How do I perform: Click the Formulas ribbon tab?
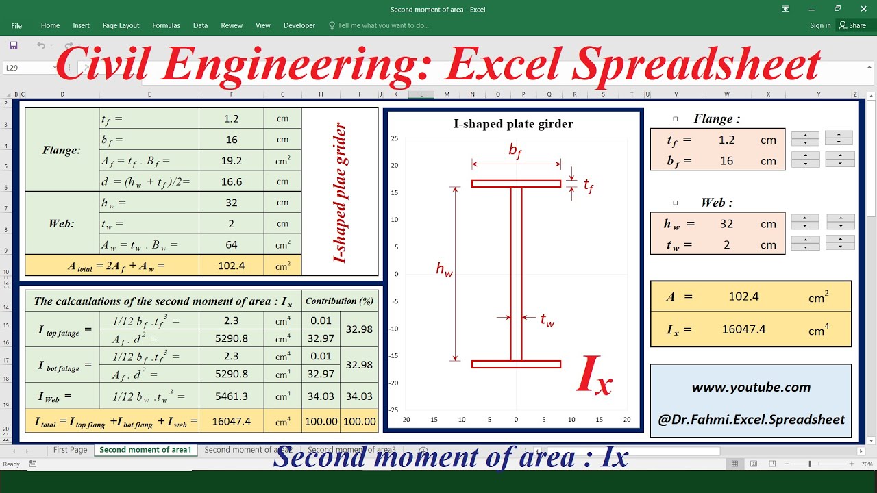[166, 25]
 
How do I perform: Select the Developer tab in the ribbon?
[299, 25]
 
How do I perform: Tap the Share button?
[852, 25]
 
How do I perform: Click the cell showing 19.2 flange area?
[231, 161]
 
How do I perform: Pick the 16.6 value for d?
[231, 181]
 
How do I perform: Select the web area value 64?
[231, 244]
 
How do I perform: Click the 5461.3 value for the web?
[231, 396]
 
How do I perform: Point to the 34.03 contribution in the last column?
[359, 396]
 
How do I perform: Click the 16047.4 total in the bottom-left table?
[231, 421]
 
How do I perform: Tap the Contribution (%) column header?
[340, 301]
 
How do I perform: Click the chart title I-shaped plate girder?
[513, 124]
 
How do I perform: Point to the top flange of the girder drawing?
[516, 184]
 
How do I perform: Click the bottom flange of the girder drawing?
[516, 364]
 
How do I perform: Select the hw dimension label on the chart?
[444, 270]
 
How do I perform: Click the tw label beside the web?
[547, 320]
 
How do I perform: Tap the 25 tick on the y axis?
[395, 138]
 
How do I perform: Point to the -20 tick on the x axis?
[405, 420]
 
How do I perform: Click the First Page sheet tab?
[70, 450]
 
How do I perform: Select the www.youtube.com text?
[751, 387]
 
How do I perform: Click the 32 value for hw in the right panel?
[726, 224]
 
